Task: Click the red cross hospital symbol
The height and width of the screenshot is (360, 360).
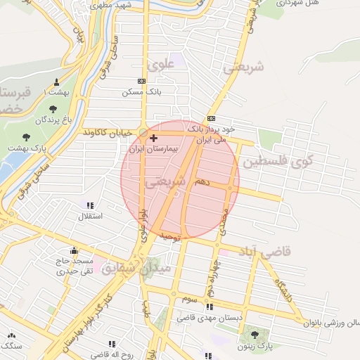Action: [x=153, y=139]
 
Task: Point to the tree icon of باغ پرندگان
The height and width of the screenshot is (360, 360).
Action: [x=53, y=109]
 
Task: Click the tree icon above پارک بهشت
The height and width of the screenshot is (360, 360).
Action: [x=27, y=137]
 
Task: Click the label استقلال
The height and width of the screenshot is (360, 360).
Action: [x=89, y=216]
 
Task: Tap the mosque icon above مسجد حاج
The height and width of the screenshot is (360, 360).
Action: [x=73, y=250]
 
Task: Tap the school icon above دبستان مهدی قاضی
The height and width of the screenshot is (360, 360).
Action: [x=209, y=307]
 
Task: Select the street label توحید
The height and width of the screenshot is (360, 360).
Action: [x=169, y=238]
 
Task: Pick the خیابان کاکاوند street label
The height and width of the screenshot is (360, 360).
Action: [x=109, y=133]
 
